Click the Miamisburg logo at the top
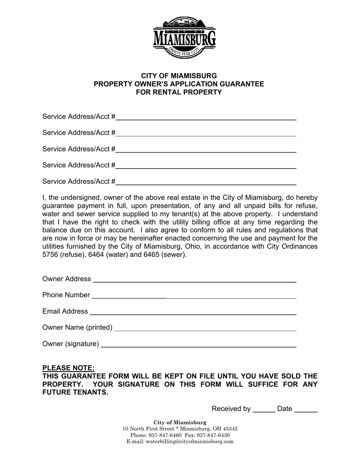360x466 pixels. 185,38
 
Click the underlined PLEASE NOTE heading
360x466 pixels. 69,368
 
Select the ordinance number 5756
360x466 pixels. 50,255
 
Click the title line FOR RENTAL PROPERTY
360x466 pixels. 179,92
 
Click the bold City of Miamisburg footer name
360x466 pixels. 180,422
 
